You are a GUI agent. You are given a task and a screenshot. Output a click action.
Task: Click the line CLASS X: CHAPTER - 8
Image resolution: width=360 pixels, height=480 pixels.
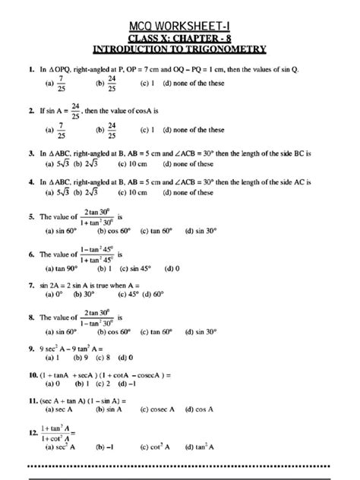[180, 37]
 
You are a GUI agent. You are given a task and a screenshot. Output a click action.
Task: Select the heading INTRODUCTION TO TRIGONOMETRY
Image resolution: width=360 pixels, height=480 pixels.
[180, 49]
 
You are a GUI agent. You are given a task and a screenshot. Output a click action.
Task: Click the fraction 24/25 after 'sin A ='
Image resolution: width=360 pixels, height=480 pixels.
[74, 112]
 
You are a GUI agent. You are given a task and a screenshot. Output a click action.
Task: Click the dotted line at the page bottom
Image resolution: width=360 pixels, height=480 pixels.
[180, 466]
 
